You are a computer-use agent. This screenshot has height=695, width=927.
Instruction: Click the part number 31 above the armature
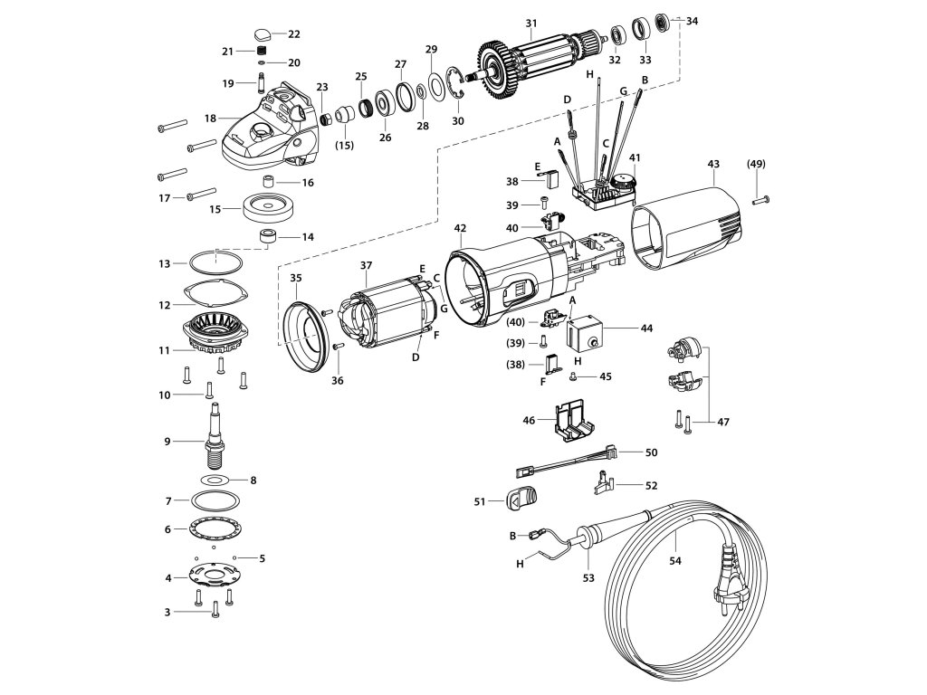click(531, 24)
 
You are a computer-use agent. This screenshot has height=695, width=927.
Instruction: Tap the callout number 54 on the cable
click(675, 560)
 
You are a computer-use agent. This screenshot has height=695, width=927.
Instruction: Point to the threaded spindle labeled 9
click(215, 433)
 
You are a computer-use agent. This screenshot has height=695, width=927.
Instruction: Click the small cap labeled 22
click(263, 33)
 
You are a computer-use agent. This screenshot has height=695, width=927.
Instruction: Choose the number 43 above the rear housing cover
click(713, 163)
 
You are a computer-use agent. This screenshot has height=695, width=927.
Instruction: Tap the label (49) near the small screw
click(756, 164)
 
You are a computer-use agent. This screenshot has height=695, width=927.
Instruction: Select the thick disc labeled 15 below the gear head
click(270, 207)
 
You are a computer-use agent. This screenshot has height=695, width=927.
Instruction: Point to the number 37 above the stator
click(366, 265)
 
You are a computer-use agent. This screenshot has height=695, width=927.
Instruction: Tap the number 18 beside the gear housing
click(210, 119)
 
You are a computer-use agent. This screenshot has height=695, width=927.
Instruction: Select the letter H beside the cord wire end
click(521, 564)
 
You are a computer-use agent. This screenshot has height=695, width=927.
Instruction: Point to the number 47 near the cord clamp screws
click(723, 422)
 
